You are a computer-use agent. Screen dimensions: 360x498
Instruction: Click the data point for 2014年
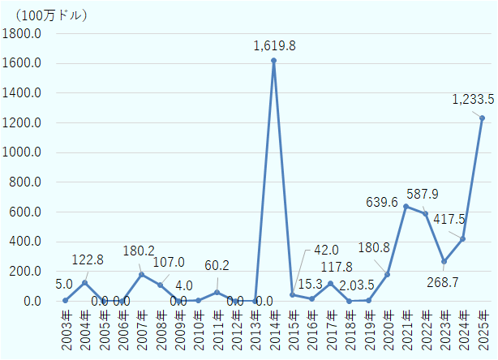click(273, 60)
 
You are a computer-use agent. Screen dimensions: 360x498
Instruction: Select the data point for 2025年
click(482, 118)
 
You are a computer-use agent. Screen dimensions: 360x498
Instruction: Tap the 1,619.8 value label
click(273, 45)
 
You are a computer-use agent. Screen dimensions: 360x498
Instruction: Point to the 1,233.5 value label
click(472, 100)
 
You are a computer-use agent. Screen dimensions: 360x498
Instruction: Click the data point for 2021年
click(406, 206)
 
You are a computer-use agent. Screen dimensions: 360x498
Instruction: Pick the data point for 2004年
click(84, 283)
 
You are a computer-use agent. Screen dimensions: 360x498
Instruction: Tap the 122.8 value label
click(89, 260)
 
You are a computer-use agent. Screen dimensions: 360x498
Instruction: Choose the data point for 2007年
click(141, 274)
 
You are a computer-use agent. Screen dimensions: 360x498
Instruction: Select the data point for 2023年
click(444, 261)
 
